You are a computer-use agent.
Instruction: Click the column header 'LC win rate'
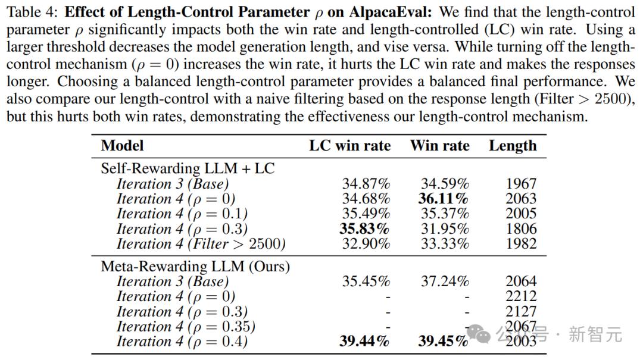(349, 146)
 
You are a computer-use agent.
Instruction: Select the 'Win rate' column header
(439, 146)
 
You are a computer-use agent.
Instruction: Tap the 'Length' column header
(513, 146)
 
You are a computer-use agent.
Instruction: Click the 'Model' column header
(122, 146)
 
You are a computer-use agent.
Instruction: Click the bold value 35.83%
(364, 229)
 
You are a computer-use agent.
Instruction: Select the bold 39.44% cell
(364, 342)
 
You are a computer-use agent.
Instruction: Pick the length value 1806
(521, 229)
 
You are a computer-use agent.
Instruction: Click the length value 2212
(521, 296)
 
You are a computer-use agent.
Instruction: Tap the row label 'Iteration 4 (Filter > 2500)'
(201, 244)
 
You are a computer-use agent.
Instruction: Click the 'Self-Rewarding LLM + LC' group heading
(188, 168)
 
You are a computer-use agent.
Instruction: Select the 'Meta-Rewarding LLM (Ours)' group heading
(195, 266)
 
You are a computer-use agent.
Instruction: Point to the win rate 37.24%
(445, 281)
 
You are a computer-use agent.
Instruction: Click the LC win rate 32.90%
(366, 244)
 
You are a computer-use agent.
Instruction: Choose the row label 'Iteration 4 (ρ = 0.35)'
(186, 327)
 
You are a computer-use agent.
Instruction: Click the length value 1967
(521, 184)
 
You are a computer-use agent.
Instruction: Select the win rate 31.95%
(445, 229)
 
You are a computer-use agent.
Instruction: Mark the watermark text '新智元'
(595, 334)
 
